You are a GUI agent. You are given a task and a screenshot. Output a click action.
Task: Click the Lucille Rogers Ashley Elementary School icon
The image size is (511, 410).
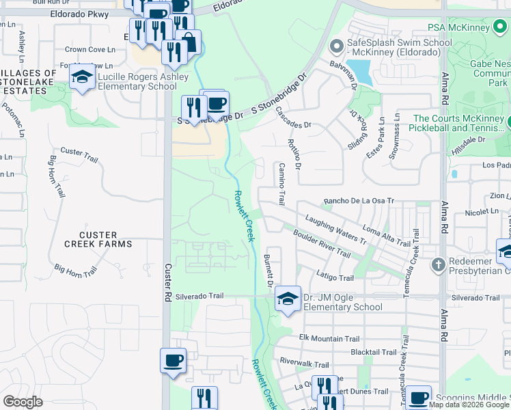click(x=83, y=79)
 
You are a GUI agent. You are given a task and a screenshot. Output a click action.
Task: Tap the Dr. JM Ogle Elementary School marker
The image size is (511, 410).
click(x=288, y=299)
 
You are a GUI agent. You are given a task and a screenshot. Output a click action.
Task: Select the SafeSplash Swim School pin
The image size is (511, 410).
click(x=335, y=47)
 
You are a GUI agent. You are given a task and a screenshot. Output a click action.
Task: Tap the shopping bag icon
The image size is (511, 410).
click(x=189, y=42)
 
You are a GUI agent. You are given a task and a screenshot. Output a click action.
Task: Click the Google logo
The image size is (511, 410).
click(x=23, y=402)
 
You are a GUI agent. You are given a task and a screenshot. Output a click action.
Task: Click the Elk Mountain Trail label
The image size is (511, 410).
click(x=329, y=338)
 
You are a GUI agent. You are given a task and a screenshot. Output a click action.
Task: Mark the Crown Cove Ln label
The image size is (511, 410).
click(x=89, y=49)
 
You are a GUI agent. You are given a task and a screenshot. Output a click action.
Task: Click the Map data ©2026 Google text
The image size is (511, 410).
click(x=469, y=404)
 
